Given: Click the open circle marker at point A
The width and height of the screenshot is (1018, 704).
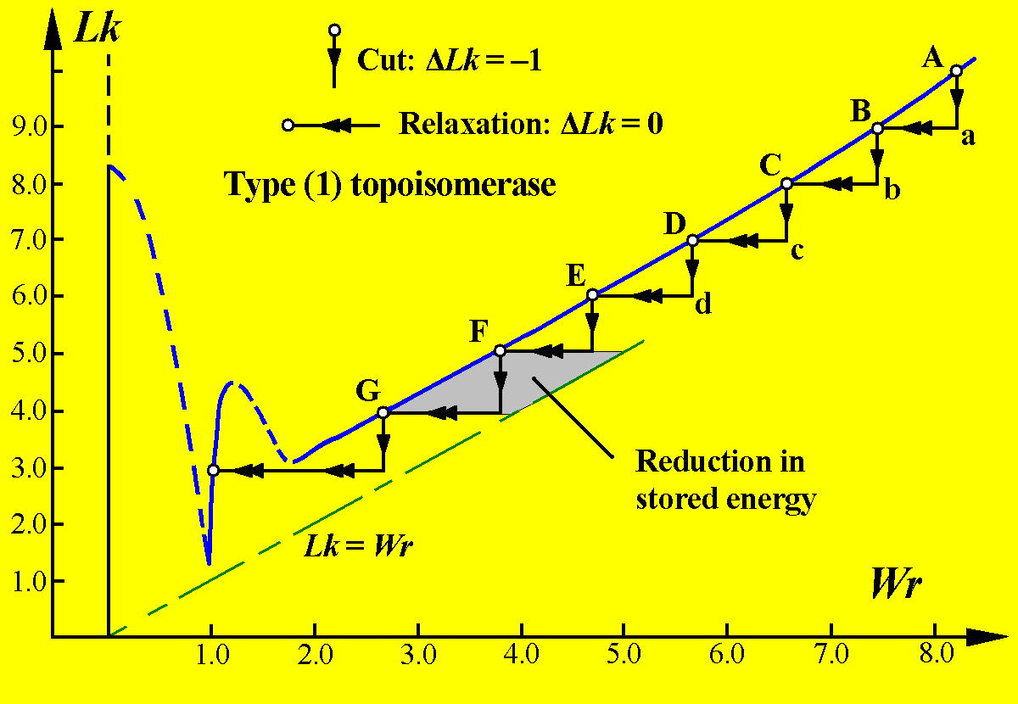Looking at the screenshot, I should (956, 71).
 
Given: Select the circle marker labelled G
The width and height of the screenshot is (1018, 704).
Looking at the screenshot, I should (383, 412).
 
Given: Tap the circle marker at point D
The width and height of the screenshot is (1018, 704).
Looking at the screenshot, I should (692, 241).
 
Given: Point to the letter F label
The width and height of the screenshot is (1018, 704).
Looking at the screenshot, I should (478, 331).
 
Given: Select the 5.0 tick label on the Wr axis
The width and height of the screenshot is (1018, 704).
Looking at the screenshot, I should (624, 656).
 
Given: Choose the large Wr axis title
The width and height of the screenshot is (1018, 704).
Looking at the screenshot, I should (896, 585).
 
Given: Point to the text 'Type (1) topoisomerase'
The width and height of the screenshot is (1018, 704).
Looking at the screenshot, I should (390, 184).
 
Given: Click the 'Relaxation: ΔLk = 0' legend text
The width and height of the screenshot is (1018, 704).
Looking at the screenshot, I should (531, 126).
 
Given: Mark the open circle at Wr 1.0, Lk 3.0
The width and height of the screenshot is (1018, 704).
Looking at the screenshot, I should (213, 470).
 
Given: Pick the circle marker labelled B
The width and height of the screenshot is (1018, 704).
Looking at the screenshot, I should (878, 128).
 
